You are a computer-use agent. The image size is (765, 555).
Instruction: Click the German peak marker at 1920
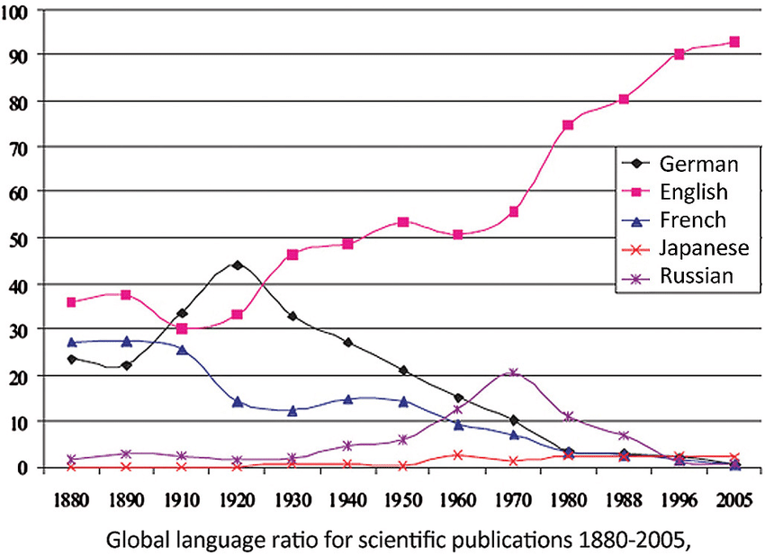click(238, 264)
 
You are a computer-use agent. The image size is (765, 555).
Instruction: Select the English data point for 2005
click(734, 41)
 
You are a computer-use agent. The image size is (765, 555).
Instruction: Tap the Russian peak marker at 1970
click(513, 372)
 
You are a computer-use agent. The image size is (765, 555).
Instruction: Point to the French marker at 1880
click(71, 343)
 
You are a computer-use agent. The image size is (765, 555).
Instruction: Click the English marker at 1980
click(568, 125)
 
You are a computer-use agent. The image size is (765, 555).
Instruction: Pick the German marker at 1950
click(403, 371)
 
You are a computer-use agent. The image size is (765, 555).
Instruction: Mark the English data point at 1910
click(182, 328)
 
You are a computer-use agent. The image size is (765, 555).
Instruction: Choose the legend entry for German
click(698, 164)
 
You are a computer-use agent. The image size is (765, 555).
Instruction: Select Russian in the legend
click(697, 275)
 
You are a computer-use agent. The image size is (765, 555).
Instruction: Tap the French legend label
click(693, 219)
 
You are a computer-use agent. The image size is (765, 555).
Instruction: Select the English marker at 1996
click(679, 54)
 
